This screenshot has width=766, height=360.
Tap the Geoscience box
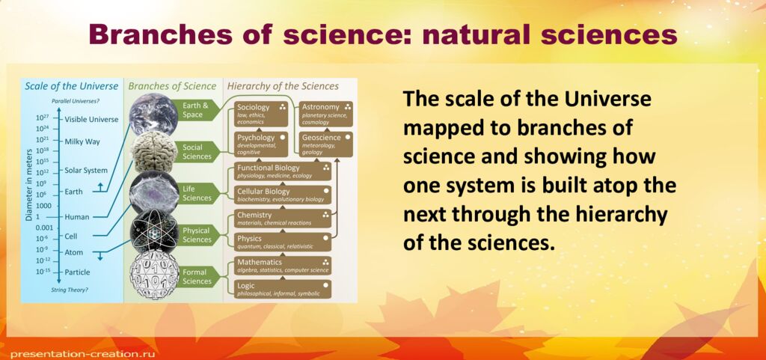click(326, 142)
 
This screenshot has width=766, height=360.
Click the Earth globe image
click(153, 114)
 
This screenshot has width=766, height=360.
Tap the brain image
click(153, 152)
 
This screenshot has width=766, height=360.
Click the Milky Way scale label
click(82, 141)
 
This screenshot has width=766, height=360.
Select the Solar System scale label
click(86, 171)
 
